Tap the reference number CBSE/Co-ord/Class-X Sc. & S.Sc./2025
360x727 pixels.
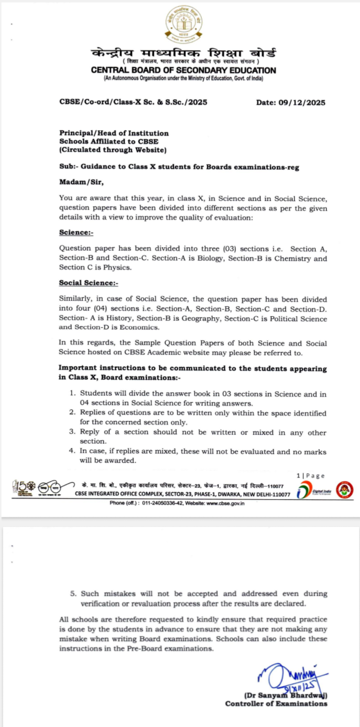click(133, 103)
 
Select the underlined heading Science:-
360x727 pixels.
click(76, 233)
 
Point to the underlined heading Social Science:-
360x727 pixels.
click(89, 283)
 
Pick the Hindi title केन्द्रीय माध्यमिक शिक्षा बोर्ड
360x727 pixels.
click(184, 54)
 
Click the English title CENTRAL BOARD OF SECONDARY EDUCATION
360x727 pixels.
click(184, 71)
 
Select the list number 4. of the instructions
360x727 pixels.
click(72, 451)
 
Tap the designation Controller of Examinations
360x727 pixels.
click(276, 703)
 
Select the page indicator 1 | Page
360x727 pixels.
click(310, 475)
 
